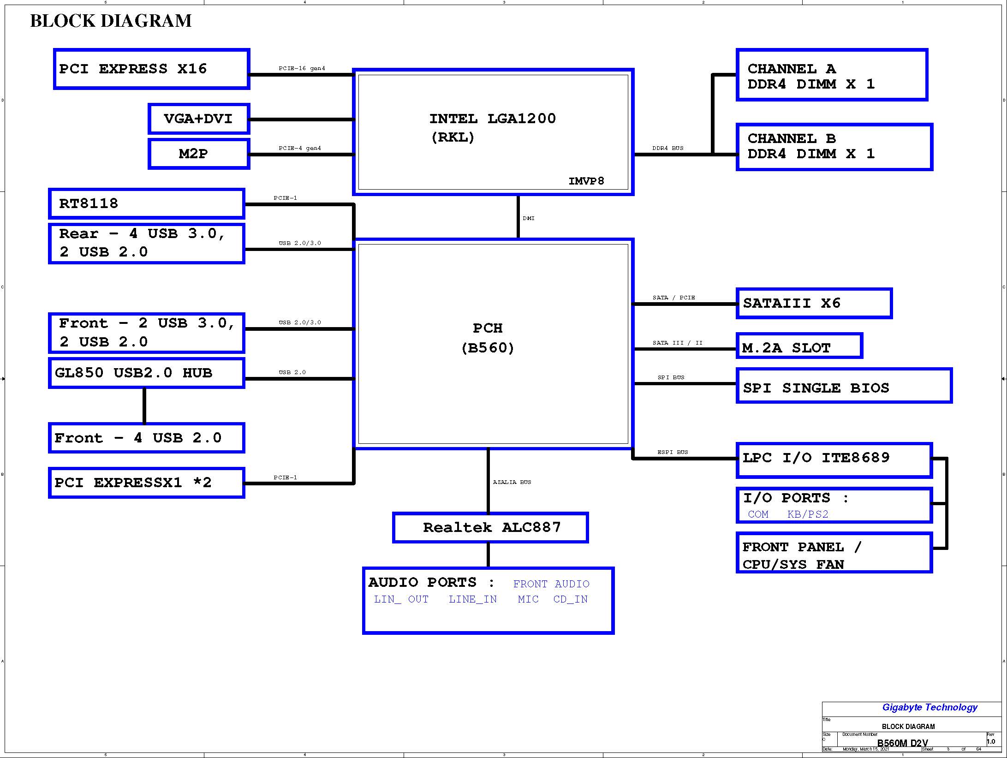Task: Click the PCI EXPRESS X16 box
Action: [151, 69]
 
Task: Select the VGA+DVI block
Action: [199, 119]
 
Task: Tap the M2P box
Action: [199, 154]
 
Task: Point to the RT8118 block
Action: [146, 203]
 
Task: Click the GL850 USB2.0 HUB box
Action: [146, 373]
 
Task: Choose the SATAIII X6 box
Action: [814, 303]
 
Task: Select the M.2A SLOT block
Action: [799, 346]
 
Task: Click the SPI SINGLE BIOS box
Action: [844, 385]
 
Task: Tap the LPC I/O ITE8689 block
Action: [834, 460]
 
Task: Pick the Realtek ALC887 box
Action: [490, 527]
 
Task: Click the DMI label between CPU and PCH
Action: [529, 218]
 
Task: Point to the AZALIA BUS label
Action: [512, 482]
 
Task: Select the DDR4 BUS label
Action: [668, 148]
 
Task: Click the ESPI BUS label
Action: [673, 452]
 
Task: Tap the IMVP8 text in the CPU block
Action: [586, 181]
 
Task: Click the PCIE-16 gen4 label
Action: [302, 68]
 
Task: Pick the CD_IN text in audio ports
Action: [571, 599]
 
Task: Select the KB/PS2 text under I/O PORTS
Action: [808, 514]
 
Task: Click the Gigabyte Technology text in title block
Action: [930, 707]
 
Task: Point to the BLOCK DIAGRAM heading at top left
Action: [111, 21]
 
